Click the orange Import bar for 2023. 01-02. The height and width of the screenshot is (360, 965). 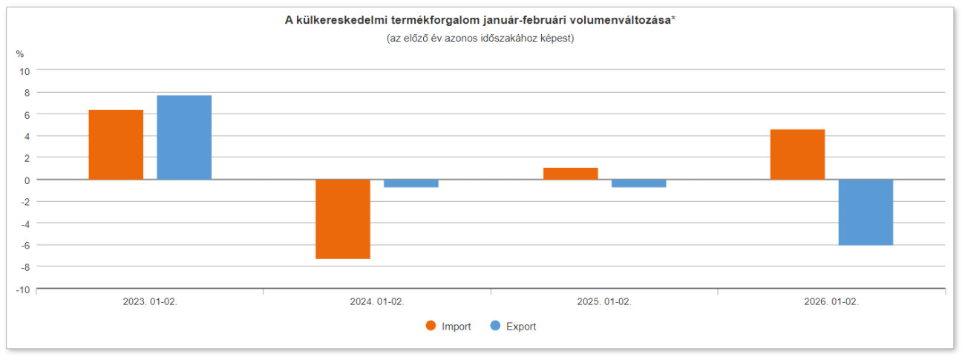point(116,145)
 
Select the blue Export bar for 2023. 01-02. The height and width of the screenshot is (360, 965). point(184,137)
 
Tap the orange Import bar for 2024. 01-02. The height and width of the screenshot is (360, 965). point(343,219)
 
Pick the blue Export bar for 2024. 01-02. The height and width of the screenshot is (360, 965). point(411,183)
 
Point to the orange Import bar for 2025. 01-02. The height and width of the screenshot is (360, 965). point(570,174)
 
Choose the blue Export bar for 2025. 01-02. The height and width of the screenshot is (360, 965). point(638,183)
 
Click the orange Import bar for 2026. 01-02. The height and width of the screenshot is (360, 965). point(797,154)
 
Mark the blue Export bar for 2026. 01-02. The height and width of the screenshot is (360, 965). point(866,212)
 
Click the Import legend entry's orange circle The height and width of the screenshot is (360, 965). point(431,326)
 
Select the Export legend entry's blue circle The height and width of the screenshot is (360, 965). point(495,326)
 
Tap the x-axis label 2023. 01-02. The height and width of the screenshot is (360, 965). point(150,302)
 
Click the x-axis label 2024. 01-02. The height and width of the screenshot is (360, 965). point(377,302)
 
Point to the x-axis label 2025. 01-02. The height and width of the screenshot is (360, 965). point(604,302)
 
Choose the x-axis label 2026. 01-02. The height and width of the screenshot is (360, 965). point(831,302)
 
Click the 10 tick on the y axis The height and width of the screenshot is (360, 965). point(24,71)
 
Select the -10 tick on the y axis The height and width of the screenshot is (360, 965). point(23,289)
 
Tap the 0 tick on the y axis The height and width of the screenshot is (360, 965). point(27,180)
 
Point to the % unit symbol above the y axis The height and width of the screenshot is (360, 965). point(20,53)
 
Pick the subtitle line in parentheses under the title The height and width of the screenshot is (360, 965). point(480,38)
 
